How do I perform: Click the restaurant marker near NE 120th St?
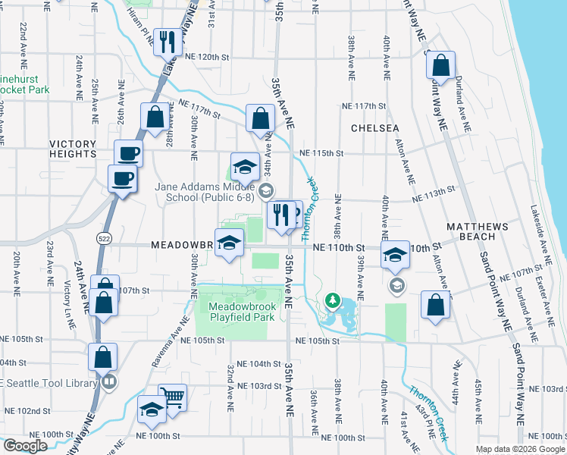[164, 41]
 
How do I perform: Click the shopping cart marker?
[173, 397]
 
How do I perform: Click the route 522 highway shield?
[100, 238]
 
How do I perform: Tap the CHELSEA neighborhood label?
[374, 128]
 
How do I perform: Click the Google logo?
[25, 446]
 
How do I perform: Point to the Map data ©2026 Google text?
[520, 449]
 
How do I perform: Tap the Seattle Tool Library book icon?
[110, 381]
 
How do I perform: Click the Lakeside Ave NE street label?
[537, 227]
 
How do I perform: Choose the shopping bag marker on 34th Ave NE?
[260, 119]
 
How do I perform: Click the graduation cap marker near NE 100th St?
[152, 410]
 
